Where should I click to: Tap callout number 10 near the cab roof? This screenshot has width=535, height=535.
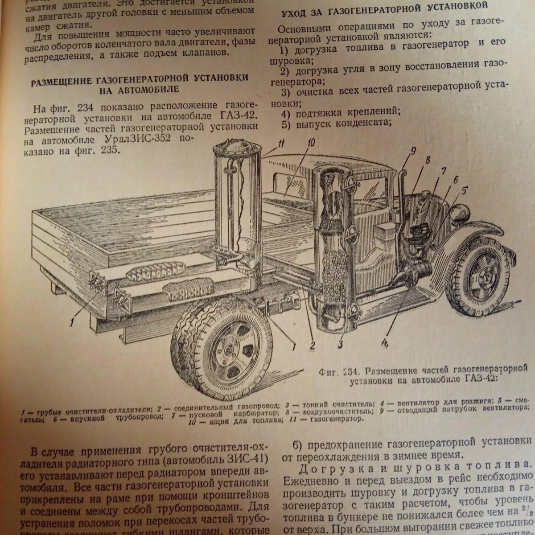pos(311,143)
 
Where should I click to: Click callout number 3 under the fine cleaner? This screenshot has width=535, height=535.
pos(341,344)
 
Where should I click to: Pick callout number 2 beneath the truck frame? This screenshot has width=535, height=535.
pos(312,345)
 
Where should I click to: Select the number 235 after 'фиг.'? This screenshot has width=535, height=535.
pos(110,151)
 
